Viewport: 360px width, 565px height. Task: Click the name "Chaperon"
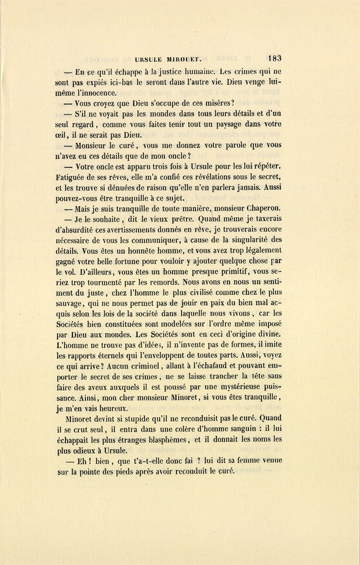tap(264, 208)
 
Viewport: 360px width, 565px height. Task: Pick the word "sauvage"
tap(69, 303)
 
